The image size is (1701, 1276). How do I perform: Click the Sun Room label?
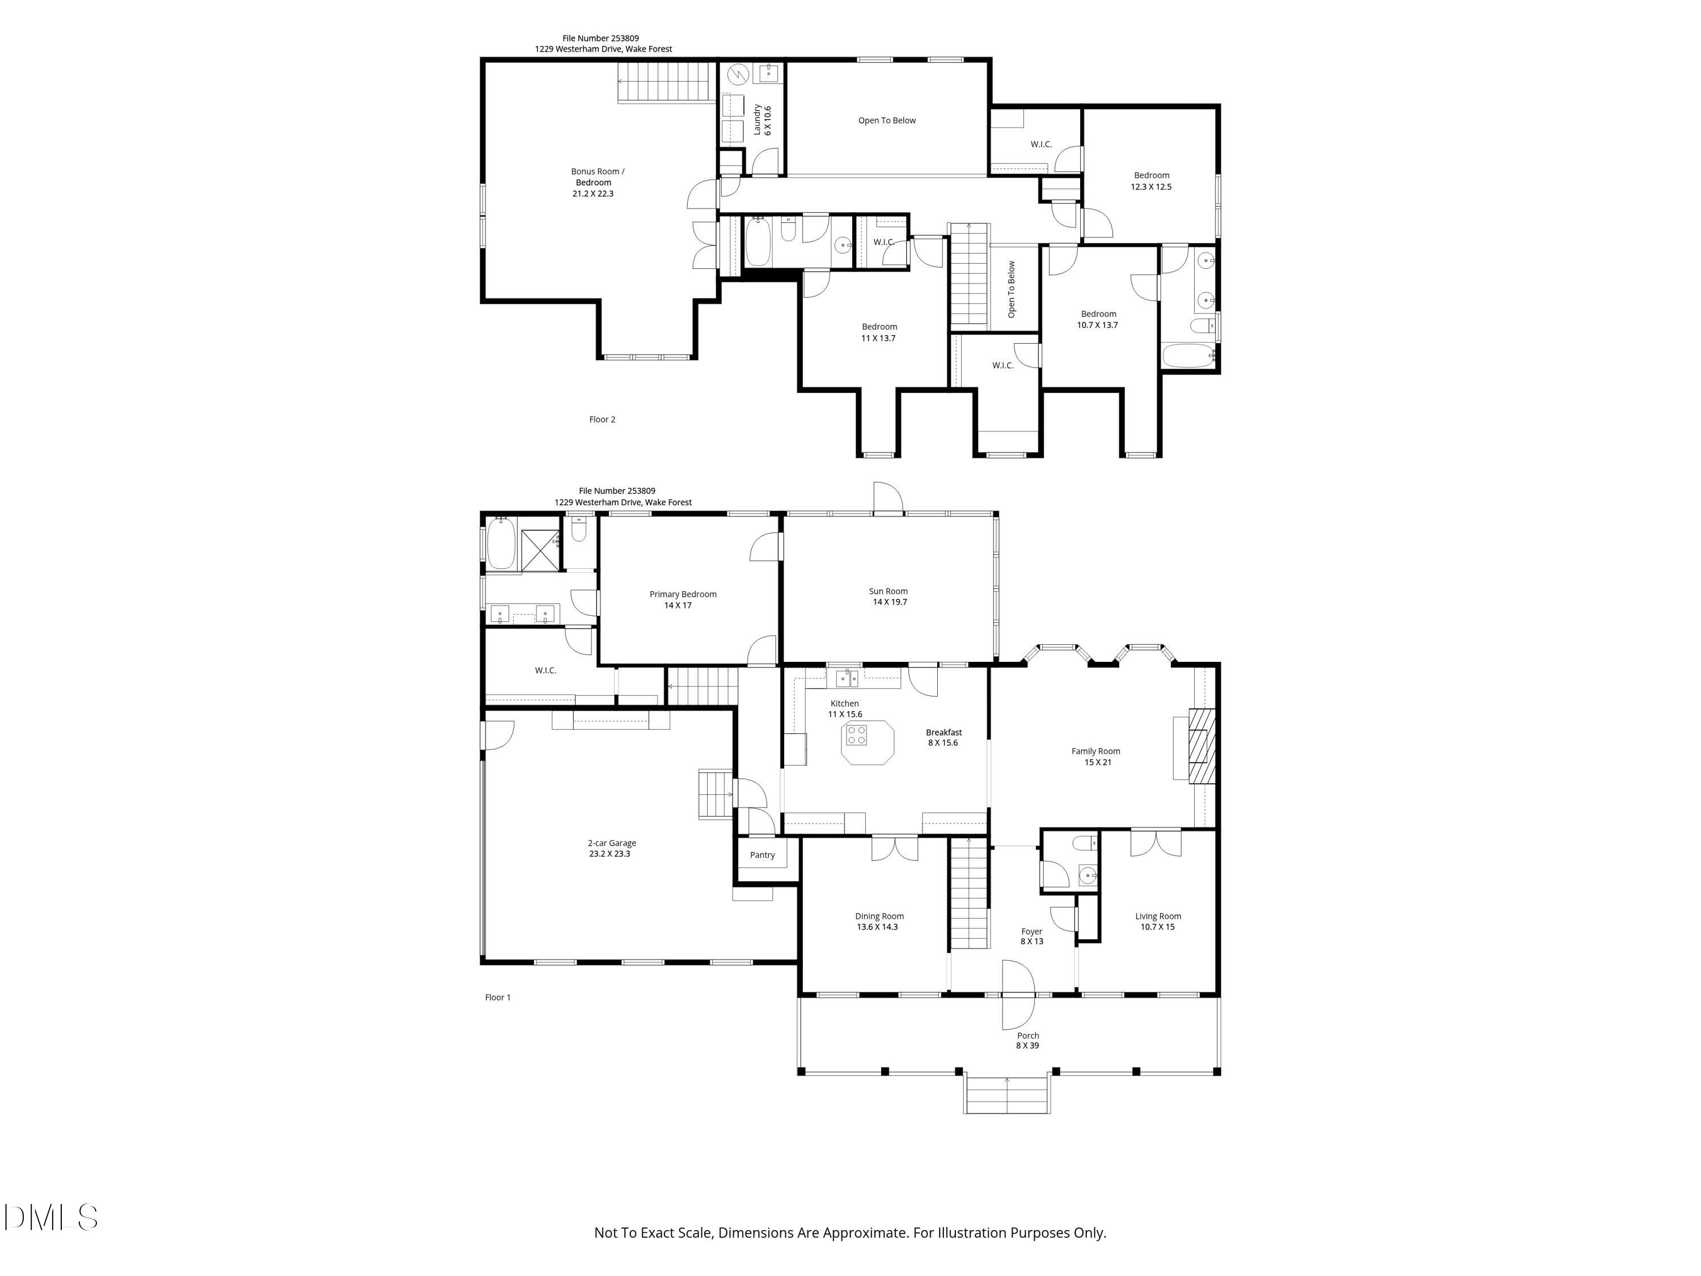(x=888, y=596)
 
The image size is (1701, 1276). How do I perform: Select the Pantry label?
(x=762, y=855)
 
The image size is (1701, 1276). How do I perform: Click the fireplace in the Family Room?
(x=1201, y=745)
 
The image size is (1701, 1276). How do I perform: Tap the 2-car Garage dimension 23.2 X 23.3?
(x=610, y=854)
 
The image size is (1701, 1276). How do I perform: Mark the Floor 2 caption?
(x=602, y=419)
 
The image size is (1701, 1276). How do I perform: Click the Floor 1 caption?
(x=497, y=997)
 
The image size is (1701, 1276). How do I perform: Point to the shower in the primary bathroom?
(x=540, y=549)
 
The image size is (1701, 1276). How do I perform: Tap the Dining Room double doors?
(x=894, y=848)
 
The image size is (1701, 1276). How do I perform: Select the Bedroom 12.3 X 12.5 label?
(x=1150, y=181)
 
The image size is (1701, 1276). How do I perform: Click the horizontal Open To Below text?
(x=887, y=120)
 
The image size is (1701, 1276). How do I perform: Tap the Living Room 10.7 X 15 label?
(x=1157, y=922)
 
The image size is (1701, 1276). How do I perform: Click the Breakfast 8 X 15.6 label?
(x=943, y=738)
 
